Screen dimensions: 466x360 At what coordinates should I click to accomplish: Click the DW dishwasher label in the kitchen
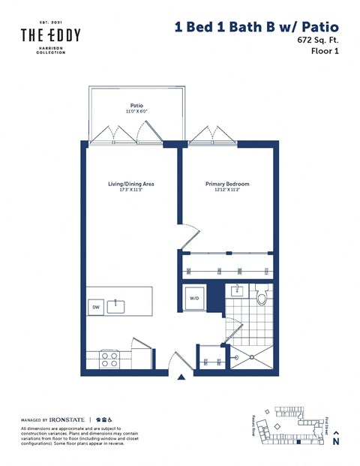click(x=96, y=307)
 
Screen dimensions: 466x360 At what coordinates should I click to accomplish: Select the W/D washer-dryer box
click(x=194, y=299)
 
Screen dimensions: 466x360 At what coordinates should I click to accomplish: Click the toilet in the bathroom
click(x=262, y=297)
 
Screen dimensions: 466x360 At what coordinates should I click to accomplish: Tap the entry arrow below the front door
click(x=179, y=378)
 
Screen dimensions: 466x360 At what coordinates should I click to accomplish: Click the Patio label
click(x=136, y=106)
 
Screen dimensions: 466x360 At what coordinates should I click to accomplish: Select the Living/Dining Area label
click(x=130, y=183)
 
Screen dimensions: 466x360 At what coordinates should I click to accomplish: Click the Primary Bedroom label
click(x=227, y=183)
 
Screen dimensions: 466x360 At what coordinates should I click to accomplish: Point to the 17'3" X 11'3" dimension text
click(x=130, y=190)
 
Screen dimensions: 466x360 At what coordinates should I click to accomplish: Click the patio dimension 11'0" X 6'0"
click(x=136, y=113)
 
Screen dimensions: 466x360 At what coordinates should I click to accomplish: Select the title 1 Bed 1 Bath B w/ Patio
click(x=256, y=27)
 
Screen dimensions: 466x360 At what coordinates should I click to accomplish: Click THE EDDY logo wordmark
click(x=49, y=35)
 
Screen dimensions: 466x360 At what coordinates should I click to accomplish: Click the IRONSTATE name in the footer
click(x=67, y=420)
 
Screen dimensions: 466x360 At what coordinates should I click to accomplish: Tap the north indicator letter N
click(x=336, y=443)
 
